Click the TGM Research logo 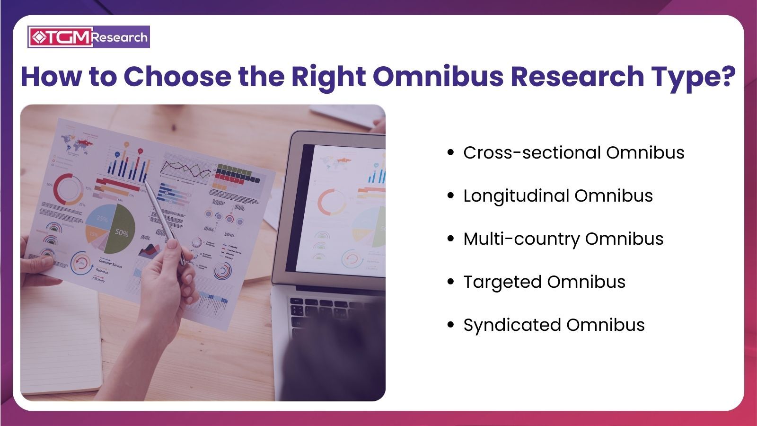tap(88, 37)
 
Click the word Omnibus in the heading tap(438, 77)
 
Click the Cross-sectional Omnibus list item tap(573, 153)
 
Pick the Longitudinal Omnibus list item tap(558, 196)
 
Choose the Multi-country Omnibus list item tap(563, 239)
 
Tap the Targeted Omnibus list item tap(544, 282)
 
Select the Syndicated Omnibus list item tap(554, 325)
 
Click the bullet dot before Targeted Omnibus tap(450, 282)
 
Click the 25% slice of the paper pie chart tap(101, 218)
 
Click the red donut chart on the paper tap(68, 188)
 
